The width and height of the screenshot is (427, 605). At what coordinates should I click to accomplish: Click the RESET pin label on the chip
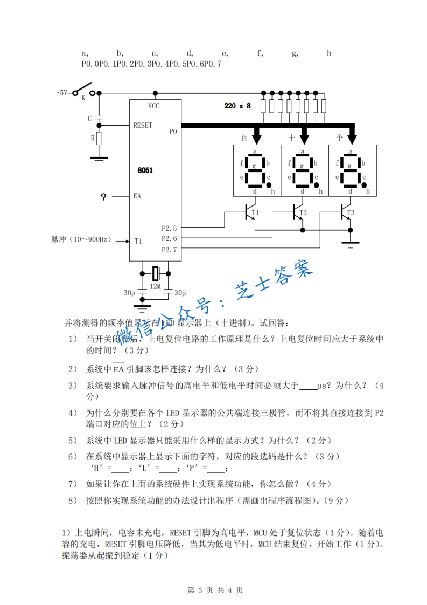[143, 125]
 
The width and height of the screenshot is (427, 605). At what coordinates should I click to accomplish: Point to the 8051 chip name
[145, 170]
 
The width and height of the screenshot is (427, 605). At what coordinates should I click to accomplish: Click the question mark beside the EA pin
[103, 197]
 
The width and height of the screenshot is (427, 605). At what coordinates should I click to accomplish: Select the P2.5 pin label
[169, 229]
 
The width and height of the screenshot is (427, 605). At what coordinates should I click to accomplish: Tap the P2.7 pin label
[169, 250]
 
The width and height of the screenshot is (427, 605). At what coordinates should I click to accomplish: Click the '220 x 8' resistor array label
[237, 106]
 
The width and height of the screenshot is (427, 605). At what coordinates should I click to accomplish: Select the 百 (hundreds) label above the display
[244, 138]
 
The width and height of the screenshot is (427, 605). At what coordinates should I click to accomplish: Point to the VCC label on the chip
[154, 106]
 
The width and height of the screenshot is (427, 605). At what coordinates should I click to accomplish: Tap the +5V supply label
[62, 93]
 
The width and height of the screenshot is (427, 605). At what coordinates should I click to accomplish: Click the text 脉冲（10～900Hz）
[81, 239]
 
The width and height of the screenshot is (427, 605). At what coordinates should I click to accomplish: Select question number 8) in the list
[73, 500]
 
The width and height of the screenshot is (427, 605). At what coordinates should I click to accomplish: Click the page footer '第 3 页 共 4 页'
[214, 590]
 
